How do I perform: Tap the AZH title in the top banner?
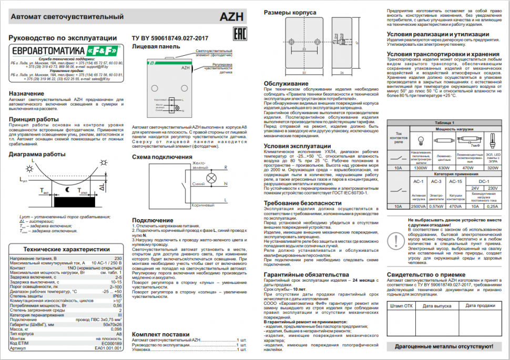231,17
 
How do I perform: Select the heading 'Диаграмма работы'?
37,154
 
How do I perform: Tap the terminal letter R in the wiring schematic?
226,167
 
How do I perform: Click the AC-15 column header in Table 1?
455,181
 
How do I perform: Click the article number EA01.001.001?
108,347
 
